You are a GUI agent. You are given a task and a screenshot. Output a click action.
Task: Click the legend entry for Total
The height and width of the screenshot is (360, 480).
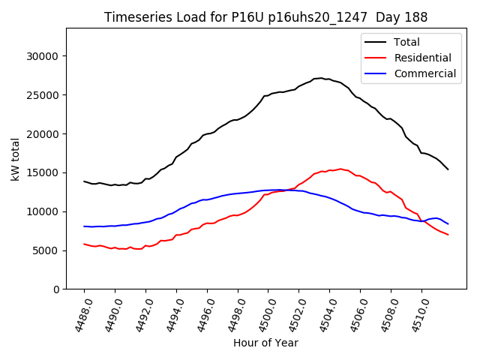pos(406,43)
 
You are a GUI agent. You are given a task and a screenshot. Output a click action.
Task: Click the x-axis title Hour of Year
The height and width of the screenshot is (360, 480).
pos(265,343)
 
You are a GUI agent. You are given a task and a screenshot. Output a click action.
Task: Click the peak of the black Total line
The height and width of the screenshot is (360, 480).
pos(321,78)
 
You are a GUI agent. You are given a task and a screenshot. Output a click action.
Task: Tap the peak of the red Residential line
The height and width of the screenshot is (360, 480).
pos(340,169)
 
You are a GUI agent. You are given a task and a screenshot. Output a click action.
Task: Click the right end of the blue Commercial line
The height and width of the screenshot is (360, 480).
pos(448,223)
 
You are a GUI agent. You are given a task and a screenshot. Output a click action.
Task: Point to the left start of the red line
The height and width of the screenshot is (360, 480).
pos(84,244)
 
